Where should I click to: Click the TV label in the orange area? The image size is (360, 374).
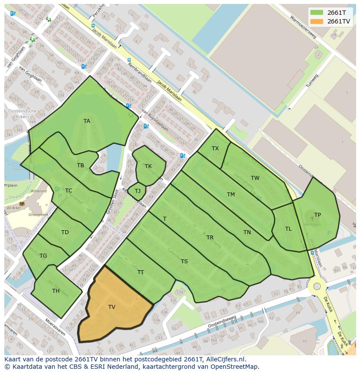pyautogui.click(x=112, y=307)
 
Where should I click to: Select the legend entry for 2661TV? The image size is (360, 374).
pyautogui.click(x=338, y=21)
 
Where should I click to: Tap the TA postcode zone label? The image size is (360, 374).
pyautogui.click(x=87, y=121)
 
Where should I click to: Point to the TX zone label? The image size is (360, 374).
pyautogui.click(x=215, y=149)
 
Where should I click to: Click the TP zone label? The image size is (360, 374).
pyautogui.click(x=318, y=215)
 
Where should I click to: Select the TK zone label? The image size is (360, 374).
pyautogui.click(x=148, y=166)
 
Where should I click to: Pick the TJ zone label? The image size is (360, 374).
pyautogui.click(x=137, y=191)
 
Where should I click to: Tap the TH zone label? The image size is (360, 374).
pyautogui.click(x=56, y=291)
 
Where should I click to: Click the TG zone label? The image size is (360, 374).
pyautogui.click(x=43, y=256)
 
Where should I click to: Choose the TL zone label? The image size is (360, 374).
pyautogui.click(x=288, y=229)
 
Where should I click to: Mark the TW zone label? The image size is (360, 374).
pyautogui.click(x=255, y=178)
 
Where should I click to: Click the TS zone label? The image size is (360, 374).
pyautogui.click(x=184, y=261)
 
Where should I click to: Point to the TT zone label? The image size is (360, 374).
pyautogui.click(x=140, y=272)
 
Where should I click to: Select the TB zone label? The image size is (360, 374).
pyautogui.click(x=80, y=165)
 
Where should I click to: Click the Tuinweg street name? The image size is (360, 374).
pyautogui.click(x=312, y=81)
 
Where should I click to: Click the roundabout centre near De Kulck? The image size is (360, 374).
pyautogui.click(x=317, y=286)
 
